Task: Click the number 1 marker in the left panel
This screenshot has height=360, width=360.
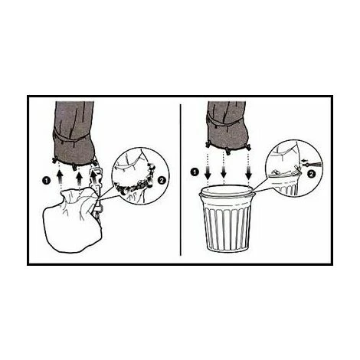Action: pyautogui.click(x=46, y=181)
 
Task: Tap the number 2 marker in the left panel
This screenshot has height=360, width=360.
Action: pyautogui.click(x=162, y=180)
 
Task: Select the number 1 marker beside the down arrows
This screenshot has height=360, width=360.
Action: pyautogui.click(x=195, y=172)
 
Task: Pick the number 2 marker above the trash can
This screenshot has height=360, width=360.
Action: pyautogui.click(x=311, y=175)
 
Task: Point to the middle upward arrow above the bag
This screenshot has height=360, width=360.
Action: pyautogui.click(x=79, y=178)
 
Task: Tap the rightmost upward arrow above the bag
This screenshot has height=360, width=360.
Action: pyautogui.click(x=95, y=178)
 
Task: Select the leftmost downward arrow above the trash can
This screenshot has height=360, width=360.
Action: pyautogui.click(x=208, y=172)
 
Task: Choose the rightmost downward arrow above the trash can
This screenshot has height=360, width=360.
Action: pyautogui.click(x=248, y=172)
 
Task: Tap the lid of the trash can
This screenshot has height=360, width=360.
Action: pyautogui.click(x=227, y=191)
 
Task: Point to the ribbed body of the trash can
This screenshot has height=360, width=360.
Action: pyautogui.click(x=227, y=224)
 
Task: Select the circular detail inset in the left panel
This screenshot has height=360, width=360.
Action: pyautogui.click(x=140, y=176)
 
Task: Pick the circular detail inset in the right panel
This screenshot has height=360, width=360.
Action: pyautogui.click(x=293, y=169)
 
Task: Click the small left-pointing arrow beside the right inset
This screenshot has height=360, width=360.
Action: pyautogui.click(x=304, y=160)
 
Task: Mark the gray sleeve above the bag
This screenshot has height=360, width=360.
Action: pyautogui.click(x=74, y=133)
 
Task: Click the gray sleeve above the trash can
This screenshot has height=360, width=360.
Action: pyautogui.click(x=227, y=125)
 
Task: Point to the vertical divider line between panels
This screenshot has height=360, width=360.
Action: pyautogui.click(x=181, y=179)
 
